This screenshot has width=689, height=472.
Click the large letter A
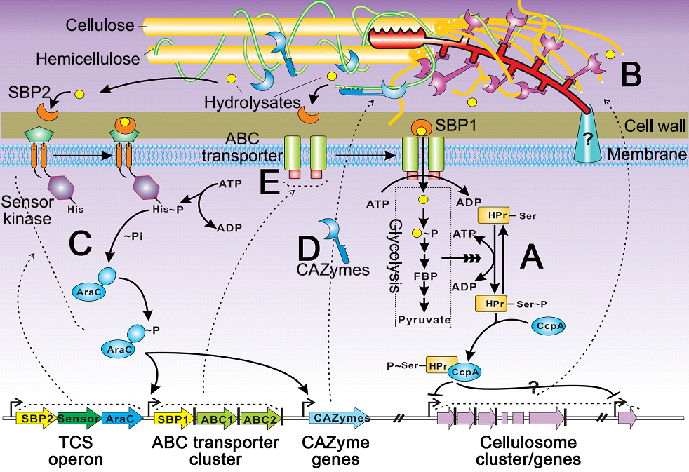click(x=530, y=260)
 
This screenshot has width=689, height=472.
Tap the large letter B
click(x=631, y=74)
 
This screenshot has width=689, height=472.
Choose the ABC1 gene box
click(x=215, y=419)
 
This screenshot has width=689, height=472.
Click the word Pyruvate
click(x=423, y=320)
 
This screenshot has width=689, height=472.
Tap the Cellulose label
click(x=100, y=26)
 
